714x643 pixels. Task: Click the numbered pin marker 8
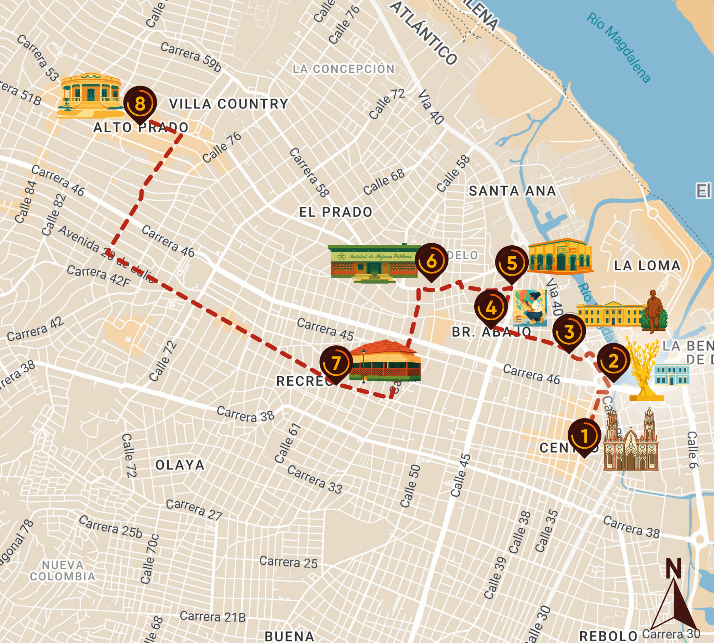(140, 104)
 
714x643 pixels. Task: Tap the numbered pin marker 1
(584, 436)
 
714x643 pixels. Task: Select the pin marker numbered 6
(432, 261)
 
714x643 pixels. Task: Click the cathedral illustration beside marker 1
(631, 442)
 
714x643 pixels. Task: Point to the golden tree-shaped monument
(644, 371)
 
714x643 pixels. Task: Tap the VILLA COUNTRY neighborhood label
(228, 104)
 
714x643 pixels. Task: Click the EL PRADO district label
(335, 212)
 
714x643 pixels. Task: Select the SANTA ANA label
(512, 191)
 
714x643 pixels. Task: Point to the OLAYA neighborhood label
(180, 465)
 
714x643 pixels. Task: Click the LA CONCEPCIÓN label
(343, 69)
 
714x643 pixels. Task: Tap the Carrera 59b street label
(191, 56)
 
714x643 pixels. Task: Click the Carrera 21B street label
(213, 617)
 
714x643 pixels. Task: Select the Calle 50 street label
(410, 486)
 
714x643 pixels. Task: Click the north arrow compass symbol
(674, 597)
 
